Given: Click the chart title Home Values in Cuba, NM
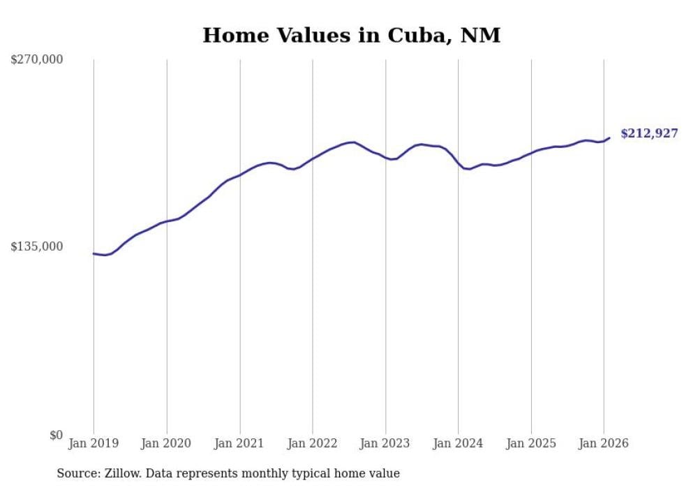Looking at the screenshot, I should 351,35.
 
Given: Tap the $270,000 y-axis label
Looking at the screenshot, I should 36,59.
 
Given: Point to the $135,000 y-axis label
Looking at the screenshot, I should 36,246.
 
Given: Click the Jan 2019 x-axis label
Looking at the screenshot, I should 94,443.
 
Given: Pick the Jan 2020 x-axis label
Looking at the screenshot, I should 166,443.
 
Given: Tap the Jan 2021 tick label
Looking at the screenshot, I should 239,443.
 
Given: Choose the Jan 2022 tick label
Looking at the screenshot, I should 313,443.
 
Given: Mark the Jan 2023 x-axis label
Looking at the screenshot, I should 385,443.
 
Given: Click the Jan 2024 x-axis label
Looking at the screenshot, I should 458,443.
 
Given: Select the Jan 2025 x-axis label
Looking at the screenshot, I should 531,443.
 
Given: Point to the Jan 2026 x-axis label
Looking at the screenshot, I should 604,443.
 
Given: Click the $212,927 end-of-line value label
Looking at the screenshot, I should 649,133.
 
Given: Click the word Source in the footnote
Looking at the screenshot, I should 77,473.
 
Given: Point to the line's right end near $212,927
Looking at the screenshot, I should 609,138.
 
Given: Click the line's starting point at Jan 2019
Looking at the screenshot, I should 94,253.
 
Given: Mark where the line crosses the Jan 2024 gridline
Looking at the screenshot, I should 458,163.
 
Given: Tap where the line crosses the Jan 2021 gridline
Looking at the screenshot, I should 239,175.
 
